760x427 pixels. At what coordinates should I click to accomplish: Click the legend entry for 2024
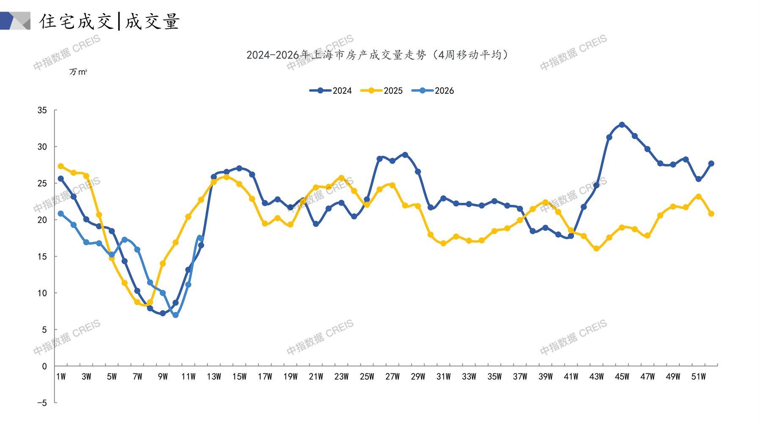tap(331, 90)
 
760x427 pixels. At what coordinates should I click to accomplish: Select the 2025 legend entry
tap(381, 90)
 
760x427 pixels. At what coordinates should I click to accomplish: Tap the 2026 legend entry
tap(433, 90)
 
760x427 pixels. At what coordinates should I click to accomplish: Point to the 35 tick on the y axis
tap(42, 110)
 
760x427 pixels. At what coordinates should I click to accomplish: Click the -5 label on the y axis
tap(42, 403)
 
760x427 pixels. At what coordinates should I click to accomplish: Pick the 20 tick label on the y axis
tap(42, 220)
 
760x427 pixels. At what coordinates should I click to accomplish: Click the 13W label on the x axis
tap(214, 377)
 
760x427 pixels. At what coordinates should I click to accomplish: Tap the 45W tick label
tap(622, 377)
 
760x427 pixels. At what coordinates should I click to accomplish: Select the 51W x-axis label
tap(698, 377)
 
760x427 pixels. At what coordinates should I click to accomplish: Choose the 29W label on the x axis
tap(418, 377)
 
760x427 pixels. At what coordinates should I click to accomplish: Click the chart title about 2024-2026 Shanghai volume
tap(378, 55)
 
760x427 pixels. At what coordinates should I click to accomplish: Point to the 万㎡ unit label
tap(78, 72)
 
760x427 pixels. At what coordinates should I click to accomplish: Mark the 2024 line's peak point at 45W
tap(622, 125)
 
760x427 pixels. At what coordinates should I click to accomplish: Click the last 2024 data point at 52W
tap(711, 164)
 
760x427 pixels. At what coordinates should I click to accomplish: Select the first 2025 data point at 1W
tap(61, 166)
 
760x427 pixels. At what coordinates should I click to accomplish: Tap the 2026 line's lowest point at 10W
tap(176, 315)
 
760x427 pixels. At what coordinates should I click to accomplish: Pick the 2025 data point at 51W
tap(698, 197)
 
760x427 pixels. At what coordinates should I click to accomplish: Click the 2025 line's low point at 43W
tap(596, 249)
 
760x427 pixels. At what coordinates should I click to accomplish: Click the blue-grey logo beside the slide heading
tap(15, 21)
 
